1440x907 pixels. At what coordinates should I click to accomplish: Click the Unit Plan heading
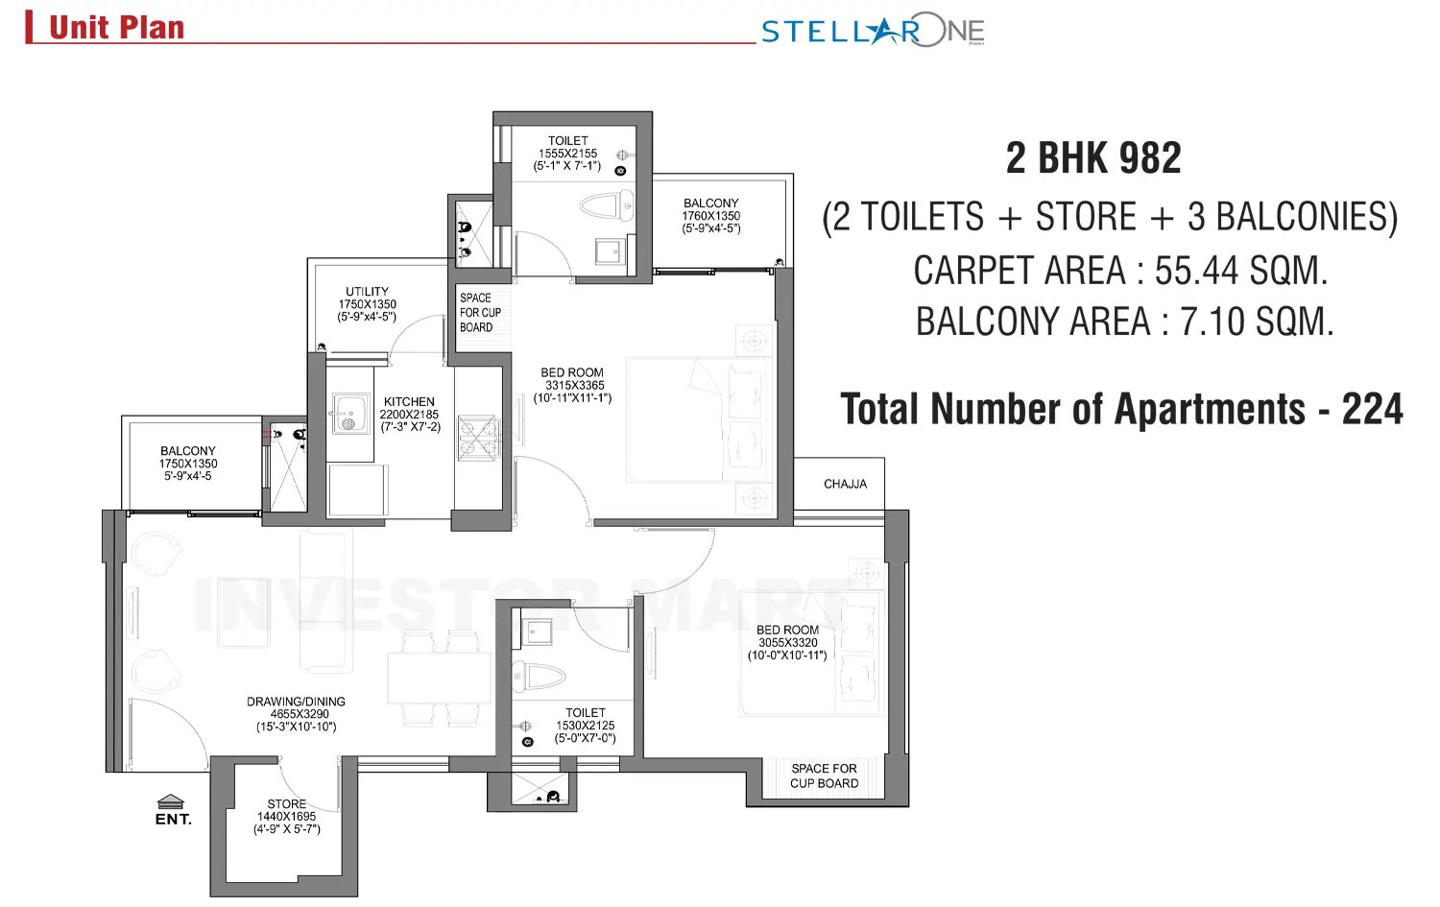pos(116,28)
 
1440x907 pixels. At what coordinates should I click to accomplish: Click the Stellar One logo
pos(872,31)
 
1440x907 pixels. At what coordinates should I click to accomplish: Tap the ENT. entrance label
pos(173,819)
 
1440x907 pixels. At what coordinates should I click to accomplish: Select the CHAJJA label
pos(845,484)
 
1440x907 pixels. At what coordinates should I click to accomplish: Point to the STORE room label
pos(286,804)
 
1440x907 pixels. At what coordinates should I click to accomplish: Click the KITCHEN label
pos(409,402)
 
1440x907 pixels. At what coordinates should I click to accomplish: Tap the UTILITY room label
pos(367,292)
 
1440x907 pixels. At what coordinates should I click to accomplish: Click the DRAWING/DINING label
pos(296,702)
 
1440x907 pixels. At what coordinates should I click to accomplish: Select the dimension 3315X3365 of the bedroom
pos(574,385)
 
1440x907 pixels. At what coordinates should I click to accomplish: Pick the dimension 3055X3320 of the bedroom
pos(787,643)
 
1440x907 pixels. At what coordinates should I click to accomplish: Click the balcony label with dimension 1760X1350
pos(710,203)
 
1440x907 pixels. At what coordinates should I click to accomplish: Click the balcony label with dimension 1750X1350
pos(188,451)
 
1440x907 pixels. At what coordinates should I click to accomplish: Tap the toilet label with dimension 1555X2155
pos(567,141)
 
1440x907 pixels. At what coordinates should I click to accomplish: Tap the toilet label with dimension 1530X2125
pos(585,713)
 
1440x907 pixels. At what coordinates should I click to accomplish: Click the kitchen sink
pos(349,414)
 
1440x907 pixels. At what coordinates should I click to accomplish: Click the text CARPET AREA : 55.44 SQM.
pos(1119,272)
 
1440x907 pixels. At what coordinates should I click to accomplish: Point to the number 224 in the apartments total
pos(1372,410)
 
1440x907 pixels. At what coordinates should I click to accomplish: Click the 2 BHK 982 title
pos(1093,158)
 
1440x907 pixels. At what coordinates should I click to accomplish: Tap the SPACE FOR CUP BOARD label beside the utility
pos(479,313)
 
